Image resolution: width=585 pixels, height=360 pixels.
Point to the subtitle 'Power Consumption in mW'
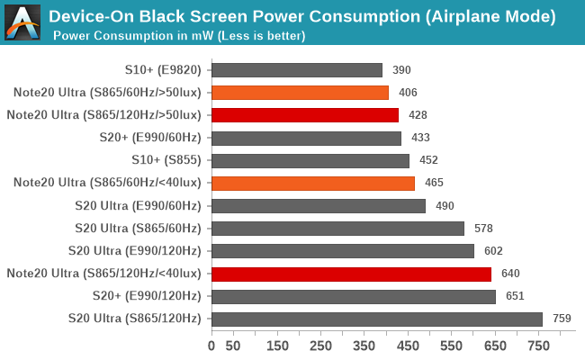(x=179, y=36)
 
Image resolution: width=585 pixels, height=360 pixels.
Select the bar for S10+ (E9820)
(x=297, y=69)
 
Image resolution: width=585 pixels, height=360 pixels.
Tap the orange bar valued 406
(x=300, y=92)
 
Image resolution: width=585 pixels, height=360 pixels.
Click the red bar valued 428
(x=305, y=114)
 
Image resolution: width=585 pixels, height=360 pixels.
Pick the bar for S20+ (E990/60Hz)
(x=306, y=138)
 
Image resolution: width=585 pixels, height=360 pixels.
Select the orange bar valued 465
(x=313, y=183)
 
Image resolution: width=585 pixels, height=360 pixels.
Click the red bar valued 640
(x=351, y=273)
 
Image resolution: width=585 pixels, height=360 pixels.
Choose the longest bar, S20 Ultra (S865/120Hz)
(x=377, y=318)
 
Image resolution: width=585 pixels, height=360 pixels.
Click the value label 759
(x=562, y=318)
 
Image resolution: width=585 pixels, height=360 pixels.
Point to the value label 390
(x=402, y=69)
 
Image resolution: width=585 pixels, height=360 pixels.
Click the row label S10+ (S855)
(x=166, y=160)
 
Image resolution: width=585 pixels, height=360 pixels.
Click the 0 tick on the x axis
(x=211, y=345)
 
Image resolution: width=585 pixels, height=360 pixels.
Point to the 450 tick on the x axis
(x=408, y=345)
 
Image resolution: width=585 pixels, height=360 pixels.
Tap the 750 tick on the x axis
(x=539, y=345)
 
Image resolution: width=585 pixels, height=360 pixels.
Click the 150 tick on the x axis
(x=277, y=345)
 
